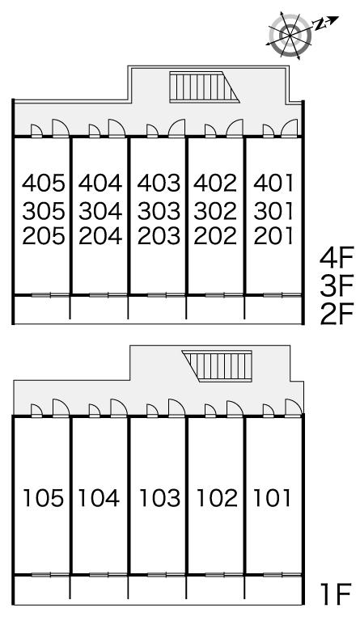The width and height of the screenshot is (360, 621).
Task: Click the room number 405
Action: coord(43,183)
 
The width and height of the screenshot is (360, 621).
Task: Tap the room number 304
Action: coord(100,211)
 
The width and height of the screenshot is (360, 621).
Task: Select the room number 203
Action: coord(159,236)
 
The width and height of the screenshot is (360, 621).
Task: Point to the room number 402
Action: coord(215,183)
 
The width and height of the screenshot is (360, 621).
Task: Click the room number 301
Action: coord(273,211)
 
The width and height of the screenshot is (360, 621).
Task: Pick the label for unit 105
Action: coord(43,498)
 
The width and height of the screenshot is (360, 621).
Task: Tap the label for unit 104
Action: coord(99,498)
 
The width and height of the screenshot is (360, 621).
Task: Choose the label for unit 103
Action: coord(159,498)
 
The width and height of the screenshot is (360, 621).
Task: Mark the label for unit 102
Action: coord(217,498)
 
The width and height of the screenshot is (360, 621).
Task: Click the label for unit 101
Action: coord(273,498)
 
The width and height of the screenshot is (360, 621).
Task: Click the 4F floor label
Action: coord(337,259)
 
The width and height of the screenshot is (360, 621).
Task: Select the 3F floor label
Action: coord(337,286)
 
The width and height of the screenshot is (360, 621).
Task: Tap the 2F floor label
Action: coord(337,314)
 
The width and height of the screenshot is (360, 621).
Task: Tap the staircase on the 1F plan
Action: coord(217,366)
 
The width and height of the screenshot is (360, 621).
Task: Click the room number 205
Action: coord(43,236)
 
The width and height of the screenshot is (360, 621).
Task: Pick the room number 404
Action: coord(100,183)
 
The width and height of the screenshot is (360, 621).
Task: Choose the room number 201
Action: coord(273,236)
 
